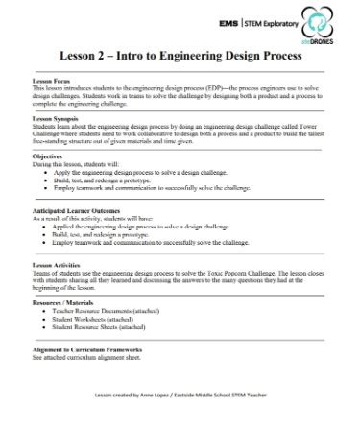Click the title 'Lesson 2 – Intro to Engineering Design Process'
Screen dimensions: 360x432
point(180,56)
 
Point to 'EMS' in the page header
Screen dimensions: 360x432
point(230,19)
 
